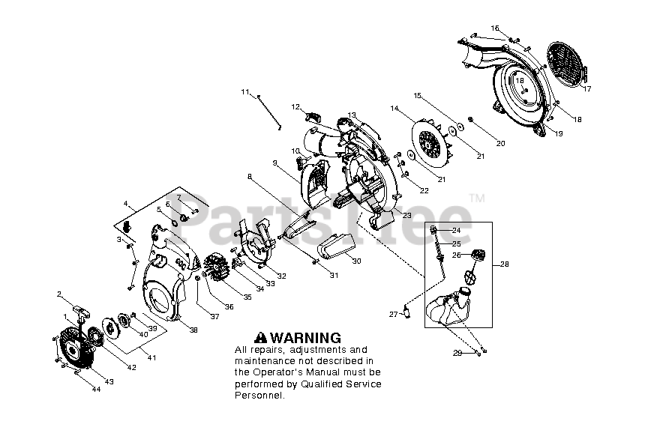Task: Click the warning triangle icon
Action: point(262,338)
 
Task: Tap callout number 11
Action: point(244,92)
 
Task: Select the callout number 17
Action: point(587,89)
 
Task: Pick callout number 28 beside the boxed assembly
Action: point(504,264)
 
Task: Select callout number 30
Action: point(357,261)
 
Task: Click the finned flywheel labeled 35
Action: point(218,270)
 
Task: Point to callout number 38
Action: point(193,330)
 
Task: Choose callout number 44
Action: point(96,390)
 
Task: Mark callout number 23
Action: point(407,216)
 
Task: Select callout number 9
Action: point(275,163)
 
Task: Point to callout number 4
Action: point(125,203)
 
